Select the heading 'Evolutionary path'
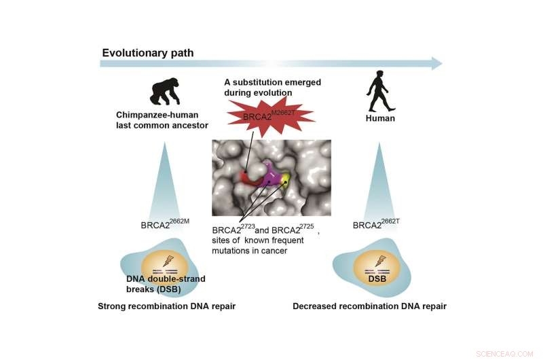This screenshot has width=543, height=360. point(148,53)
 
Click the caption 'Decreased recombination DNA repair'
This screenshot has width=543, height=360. point(370,306)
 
